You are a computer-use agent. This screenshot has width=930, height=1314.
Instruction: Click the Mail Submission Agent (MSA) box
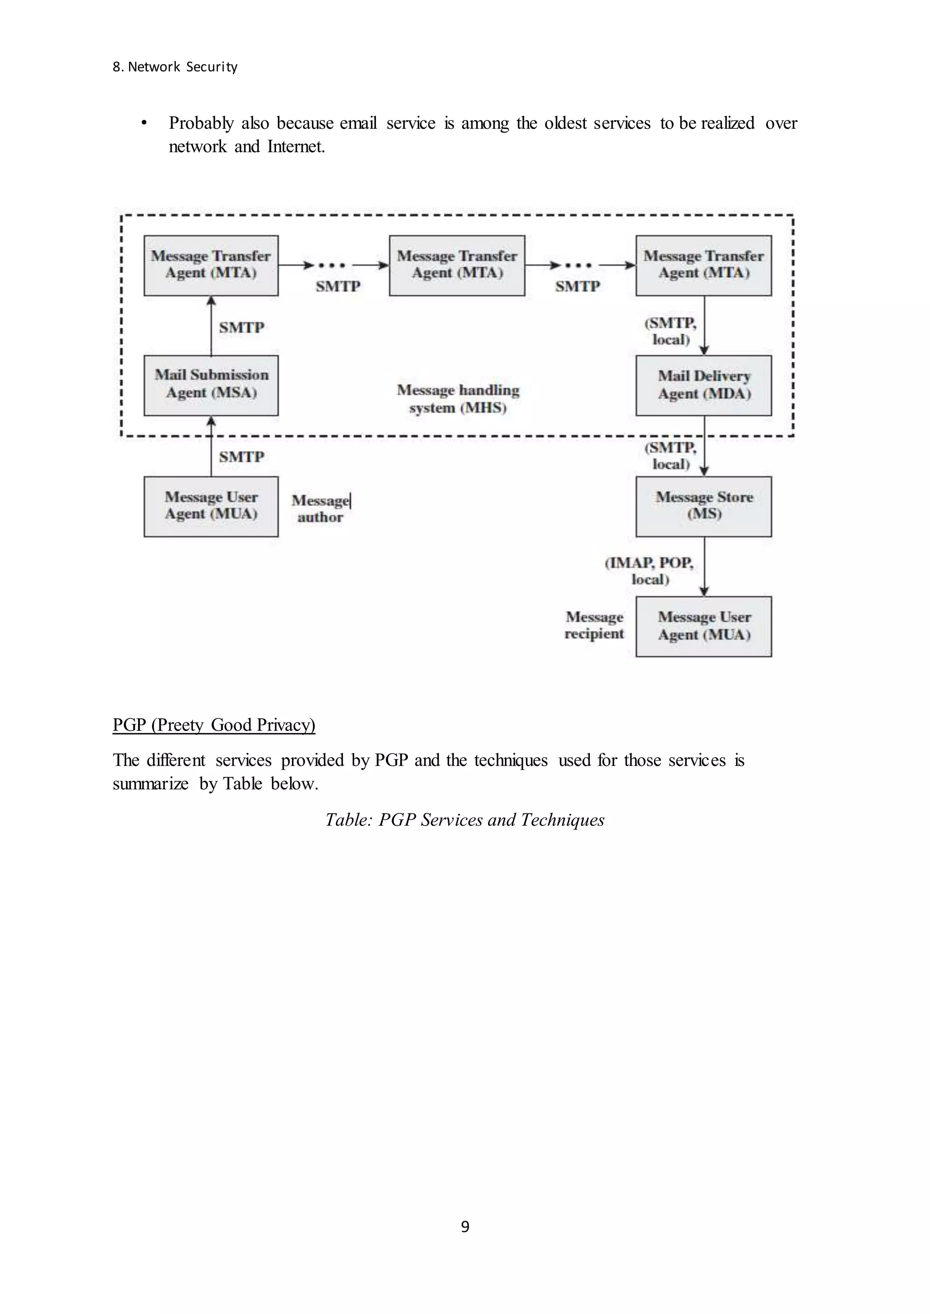pos(211,385)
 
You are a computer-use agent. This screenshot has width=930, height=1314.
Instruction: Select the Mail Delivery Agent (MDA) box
pos(703,385)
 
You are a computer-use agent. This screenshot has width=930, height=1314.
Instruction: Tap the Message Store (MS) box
pos(703,506)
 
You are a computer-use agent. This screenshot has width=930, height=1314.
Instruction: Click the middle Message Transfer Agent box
pos(456,265)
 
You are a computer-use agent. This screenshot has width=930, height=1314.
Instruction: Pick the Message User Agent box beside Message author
pos(211,506)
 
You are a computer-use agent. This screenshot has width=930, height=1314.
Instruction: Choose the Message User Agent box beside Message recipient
pos(703,626)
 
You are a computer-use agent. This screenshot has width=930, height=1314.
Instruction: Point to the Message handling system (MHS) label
pos(458,398)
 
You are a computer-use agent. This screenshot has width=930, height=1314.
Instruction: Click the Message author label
pos(320,508)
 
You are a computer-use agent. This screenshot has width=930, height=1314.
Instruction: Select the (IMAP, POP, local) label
pos(649,571)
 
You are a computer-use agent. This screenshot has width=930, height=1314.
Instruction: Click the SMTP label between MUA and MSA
pos(241,457)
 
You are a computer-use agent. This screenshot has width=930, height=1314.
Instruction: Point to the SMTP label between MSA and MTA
pos(241,327)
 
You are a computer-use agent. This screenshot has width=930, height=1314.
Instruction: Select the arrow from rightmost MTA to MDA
pos(704,325)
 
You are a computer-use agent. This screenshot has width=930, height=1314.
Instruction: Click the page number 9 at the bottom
pos(465,1226)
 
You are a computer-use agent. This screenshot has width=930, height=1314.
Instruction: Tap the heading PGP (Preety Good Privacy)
pos(213,725)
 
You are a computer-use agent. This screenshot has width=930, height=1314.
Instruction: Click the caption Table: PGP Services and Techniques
pos(465,819)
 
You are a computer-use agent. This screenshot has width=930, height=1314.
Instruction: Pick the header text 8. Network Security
pos(175,67)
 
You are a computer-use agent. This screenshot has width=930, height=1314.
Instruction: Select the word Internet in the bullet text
pos(296,147)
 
